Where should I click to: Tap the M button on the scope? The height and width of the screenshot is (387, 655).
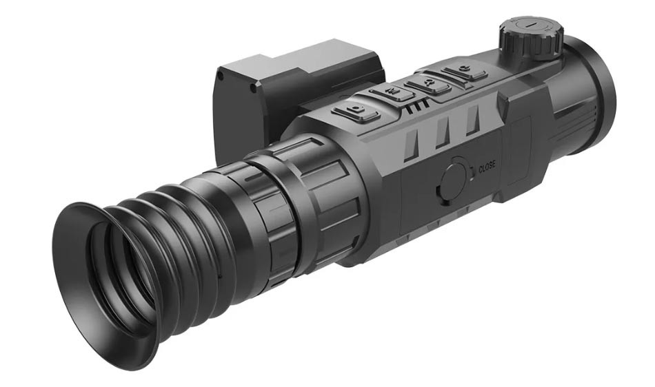point(392,92)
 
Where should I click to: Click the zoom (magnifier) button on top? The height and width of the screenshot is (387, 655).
point(429,84)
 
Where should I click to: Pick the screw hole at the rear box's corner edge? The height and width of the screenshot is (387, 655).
point(253,89)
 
